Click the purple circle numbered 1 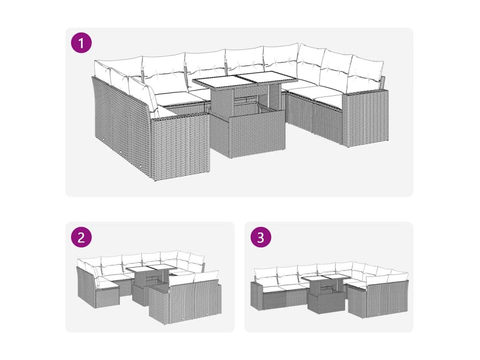tap(82, 43)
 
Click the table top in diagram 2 tap(149, 270)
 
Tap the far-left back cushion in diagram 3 tap(266, 274)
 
